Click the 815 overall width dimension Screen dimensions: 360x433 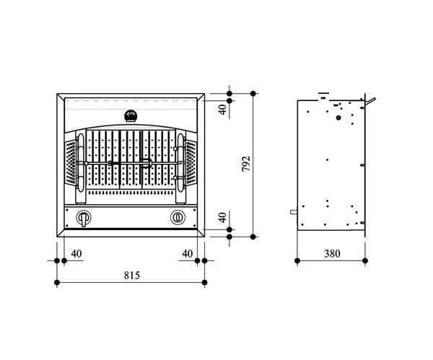[131, 275]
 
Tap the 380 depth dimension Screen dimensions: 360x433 [333, 253]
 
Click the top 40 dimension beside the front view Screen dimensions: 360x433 [223, 108]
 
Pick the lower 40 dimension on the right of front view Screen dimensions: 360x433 [223, 218]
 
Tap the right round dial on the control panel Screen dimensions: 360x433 [178, 217]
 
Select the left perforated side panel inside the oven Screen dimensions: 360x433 [70, 162]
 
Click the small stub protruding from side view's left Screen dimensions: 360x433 [293, 212]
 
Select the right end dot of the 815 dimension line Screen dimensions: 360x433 [205, 281]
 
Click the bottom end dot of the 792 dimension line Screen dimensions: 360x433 [253, 236]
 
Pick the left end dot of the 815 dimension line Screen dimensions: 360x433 [57, 281]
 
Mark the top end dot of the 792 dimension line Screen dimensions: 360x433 [253, 93]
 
